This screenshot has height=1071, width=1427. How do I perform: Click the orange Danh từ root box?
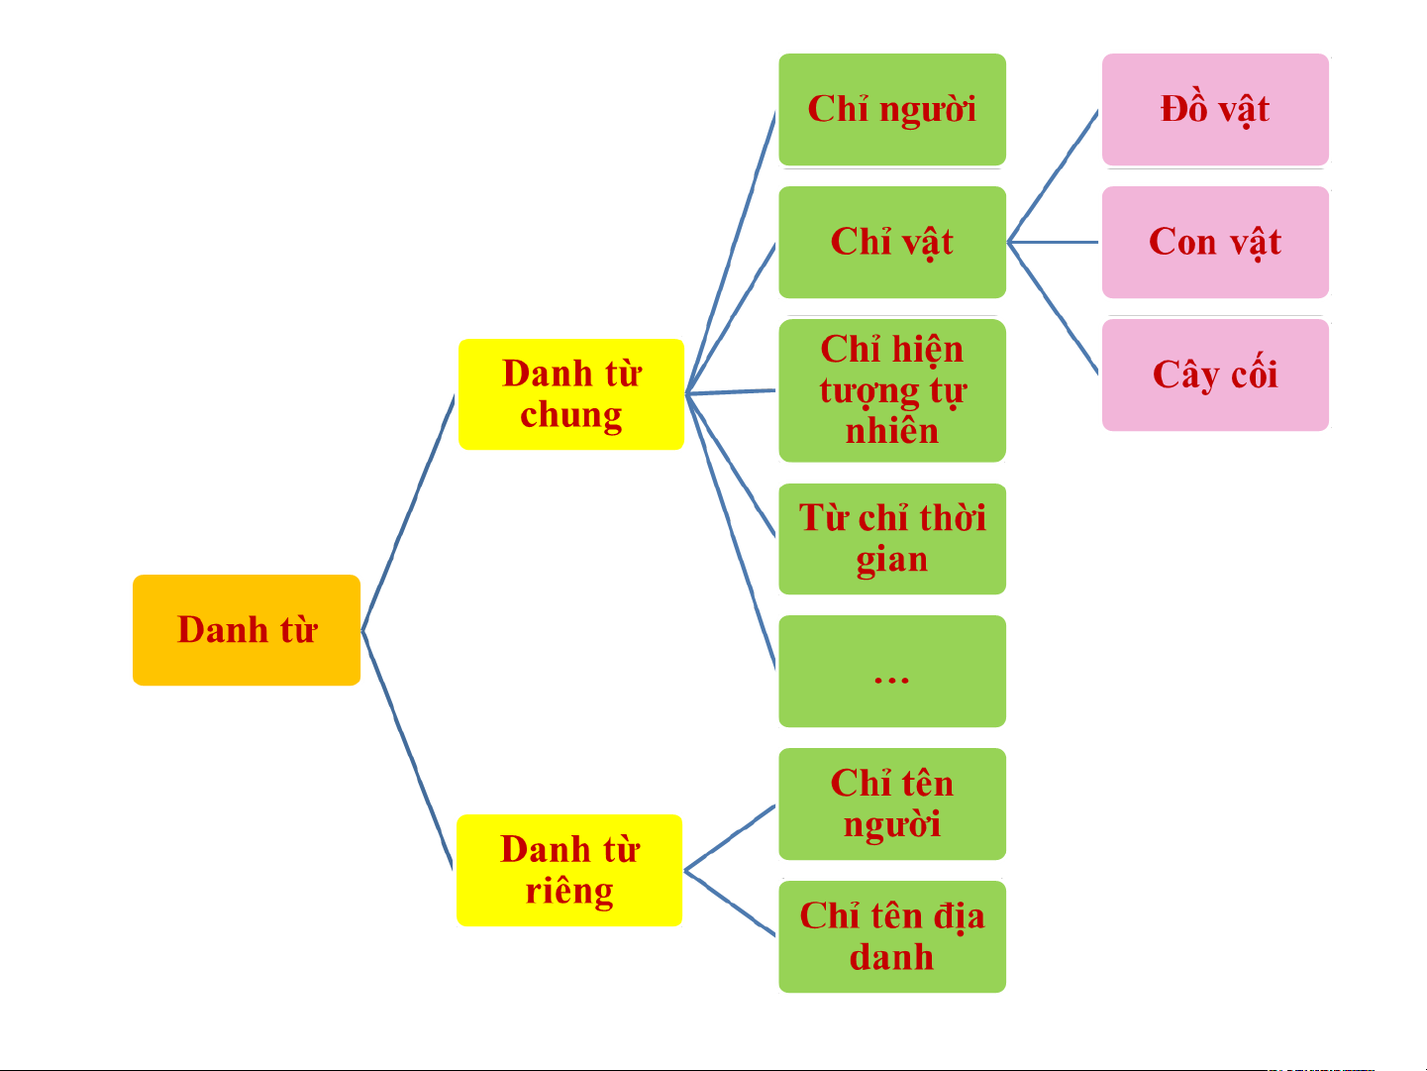coord(247,630)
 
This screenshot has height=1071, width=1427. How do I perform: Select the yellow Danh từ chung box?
coord(571,394)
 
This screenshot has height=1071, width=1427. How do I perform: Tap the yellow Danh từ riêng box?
coord(569,870)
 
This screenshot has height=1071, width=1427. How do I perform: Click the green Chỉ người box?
coord(892,109)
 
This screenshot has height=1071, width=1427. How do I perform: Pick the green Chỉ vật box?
coord(892,242)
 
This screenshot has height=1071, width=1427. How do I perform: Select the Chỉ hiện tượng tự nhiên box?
coord(892,390)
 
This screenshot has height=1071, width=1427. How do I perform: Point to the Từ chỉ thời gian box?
coord(892,539)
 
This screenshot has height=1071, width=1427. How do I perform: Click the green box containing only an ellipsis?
coord(892,672)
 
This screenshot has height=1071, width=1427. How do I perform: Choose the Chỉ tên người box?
coord(892,804)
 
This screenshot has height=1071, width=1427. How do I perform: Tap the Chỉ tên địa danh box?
coord(892,936)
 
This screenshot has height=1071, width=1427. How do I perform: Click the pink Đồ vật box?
coord(1215,109)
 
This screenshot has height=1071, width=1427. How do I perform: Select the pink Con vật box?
coord(1215,242)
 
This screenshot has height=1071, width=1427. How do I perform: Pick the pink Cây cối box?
coord(1215,375)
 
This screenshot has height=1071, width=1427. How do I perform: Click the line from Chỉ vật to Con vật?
coord(1054,242)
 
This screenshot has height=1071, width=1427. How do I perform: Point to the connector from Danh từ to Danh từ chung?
coord(408,512)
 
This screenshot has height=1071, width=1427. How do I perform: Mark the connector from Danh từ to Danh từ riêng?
coord(408,750)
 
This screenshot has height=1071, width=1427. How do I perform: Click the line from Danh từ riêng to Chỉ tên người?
coord(730,837)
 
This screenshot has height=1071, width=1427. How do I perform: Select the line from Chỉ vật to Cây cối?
coord(1054,308)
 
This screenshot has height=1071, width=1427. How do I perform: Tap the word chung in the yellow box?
coord(571,415)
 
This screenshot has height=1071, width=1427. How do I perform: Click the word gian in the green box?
coord(892,560)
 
